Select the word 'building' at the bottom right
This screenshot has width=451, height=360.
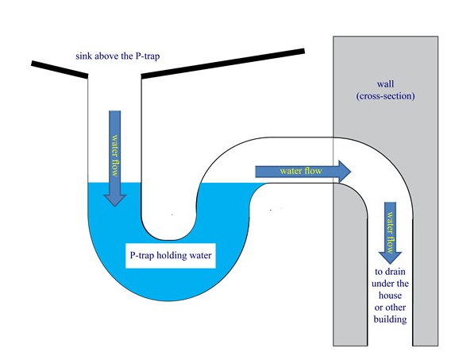click(x=391, y=319)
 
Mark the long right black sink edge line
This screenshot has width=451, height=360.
click(x=222, y=64)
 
